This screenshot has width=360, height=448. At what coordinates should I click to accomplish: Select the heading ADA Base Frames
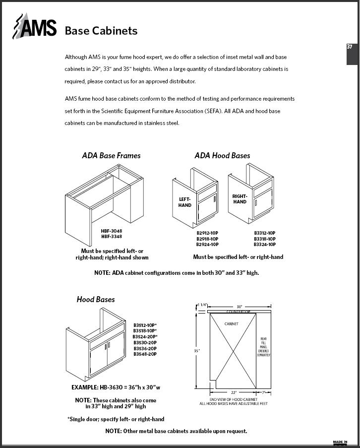tap(111, 155)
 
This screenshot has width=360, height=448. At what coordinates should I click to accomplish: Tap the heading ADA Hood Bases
tap(222, 155)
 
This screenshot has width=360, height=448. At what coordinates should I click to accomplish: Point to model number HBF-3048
tap(112, 231)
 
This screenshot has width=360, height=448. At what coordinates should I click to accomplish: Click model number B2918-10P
tap(207, 239)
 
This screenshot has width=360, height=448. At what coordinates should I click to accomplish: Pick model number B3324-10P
tap(265, 245)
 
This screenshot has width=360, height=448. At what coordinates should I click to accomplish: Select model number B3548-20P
tap(145, 354)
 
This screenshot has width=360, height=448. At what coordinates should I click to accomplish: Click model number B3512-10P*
tap(145, 325)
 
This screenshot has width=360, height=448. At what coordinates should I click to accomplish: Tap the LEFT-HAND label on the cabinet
tap(185, 202)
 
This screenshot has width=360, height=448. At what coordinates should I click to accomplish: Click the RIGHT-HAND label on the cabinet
tap(240, 199)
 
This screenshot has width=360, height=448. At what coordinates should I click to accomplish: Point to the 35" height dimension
tap(196, 350)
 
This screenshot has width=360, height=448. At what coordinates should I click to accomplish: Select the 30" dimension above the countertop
tap(239, 306)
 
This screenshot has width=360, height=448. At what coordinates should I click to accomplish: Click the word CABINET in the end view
tap(232, 324)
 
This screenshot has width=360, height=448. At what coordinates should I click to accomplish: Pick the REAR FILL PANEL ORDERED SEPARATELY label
tap(263, 347)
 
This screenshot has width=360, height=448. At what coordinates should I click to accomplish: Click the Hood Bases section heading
tap(96, 299)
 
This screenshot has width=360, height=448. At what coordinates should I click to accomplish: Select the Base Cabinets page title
tap(101, 31)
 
